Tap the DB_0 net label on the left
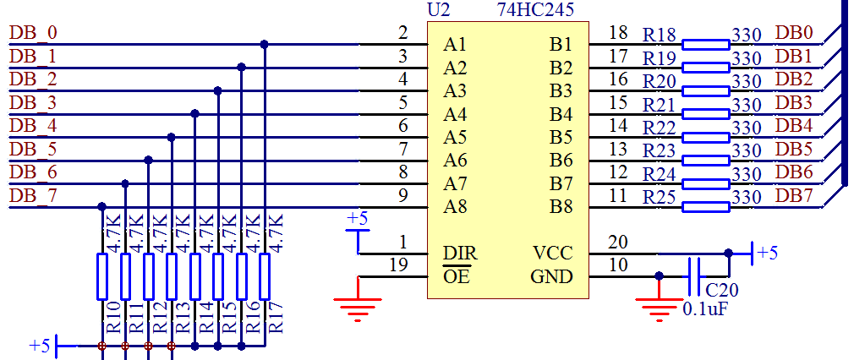pyautogui.click(x=34, y=33)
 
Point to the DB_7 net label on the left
pyautogui.click(x=34, y=196)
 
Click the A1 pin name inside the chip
pyautogui.click(x=456, y=44)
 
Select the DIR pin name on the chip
pyautogui.click(x=460, y=253)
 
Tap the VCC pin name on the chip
pyautogui.click(x=553, y=253)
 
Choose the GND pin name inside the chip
pyautogui.click(x=551, y=276)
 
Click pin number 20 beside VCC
pyautogui.click(x=618, y=243)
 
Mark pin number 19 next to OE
pyautogui.click(x=397, y=266)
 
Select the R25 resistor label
pyautogui.click(x=660, y=197)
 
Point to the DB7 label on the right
pyautogui.click(x=795, y=197)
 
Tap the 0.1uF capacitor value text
pyautogui.click(x=705, y=308)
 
